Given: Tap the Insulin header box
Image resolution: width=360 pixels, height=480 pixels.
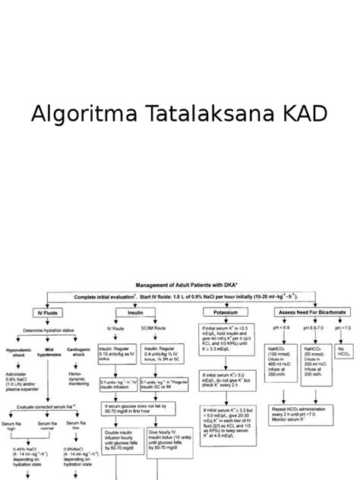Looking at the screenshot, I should tap(134, 313).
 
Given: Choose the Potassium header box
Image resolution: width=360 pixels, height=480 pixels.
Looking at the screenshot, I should tap(220, 313).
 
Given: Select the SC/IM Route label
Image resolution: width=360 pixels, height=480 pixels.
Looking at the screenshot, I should tap(156, 328).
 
